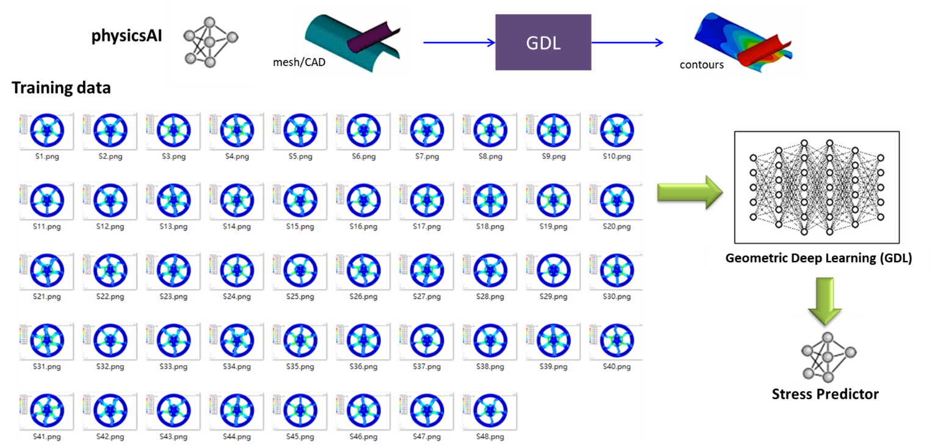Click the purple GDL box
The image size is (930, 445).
(543, 42)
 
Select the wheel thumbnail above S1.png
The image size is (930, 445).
(46, 131)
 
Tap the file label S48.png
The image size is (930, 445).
(491, 436)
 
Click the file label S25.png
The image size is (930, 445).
(300, 296)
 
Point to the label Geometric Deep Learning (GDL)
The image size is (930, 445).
(818, 259)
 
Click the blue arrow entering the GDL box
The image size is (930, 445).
(458, 42)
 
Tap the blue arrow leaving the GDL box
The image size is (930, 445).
(628, 42)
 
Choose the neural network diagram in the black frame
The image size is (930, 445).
(818, 187)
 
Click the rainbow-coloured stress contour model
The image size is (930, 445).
(743, 42)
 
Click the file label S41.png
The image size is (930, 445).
(47, 436)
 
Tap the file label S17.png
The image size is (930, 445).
(427, 227)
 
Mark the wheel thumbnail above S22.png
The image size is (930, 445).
(110, 271)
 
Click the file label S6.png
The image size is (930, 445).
(363, 156)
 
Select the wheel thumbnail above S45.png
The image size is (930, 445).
(300, 411)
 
